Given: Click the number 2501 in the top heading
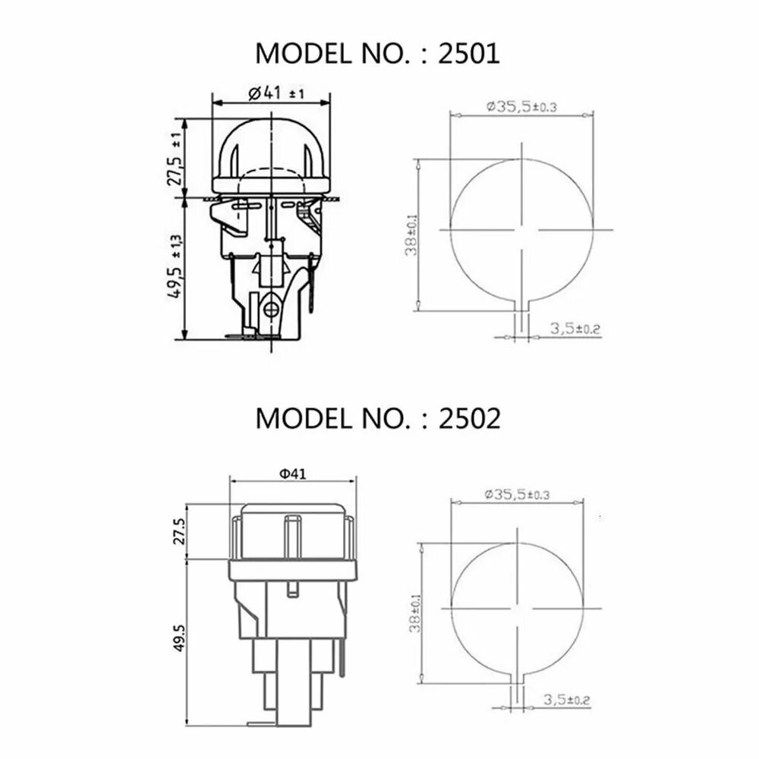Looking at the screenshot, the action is coord(468,53).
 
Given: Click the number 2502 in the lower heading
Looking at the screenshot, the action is coord(469,418).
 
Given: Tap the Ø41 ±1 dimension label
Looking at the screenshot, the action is coord(276,92).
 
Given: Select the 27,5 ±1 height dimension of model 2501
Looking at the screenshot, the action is coord(176,159).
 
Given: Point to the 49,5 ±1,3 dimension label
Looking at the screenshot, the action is coord(176,266).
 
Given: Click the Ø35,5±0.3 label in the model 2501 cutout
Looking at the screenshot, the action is coord(522,106).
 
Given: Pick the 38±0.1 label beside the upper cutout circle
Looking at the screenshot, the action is coord(411,235).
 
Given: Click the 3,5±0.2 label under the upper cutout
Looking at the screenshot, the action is coord(575,329).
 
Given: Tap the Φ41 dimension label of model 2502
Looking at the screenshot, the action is coord(293,473).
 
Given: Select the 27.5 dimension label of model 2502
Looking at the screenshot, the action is coord(178,531).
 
